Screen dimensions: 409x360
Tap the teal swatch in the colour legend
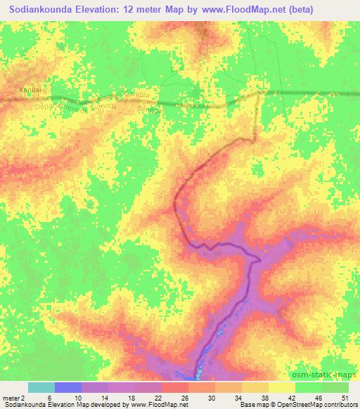click(41, 387)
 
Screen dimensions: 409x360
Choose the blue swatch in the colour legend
click(68, 387)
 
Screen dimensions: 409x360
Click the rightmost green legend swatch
click(335, 387)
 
